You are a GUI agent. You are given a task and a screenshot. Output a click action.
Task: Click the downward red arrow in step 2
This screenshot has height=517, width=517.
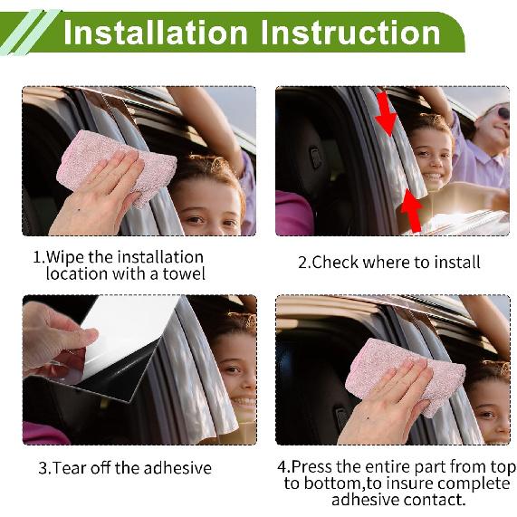[x=385, y=114]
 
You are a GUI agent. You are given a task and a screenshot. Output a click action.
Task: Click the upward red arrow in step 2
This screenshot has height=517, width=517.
[x=412, y=210]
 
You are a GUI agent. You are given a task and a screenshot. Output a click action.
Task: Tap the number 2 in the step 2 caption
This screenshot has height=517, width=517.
[x=303, y=263]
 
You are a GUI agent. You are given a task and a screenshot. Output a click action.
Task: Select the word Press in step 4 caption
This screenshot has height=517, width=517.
[x=313, y=467]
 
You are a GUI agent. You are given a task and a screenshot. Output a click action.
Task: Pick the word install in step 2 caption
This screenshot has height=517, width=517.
[x=456, y=263]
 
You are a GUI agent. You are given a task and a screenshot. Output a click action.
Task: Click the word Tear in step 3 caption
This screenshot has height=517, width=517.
[x=71, y=468]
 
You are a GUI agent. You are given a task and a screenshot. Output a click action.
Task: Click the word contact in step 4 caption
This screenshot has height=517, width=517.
[x=437, y=499]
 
